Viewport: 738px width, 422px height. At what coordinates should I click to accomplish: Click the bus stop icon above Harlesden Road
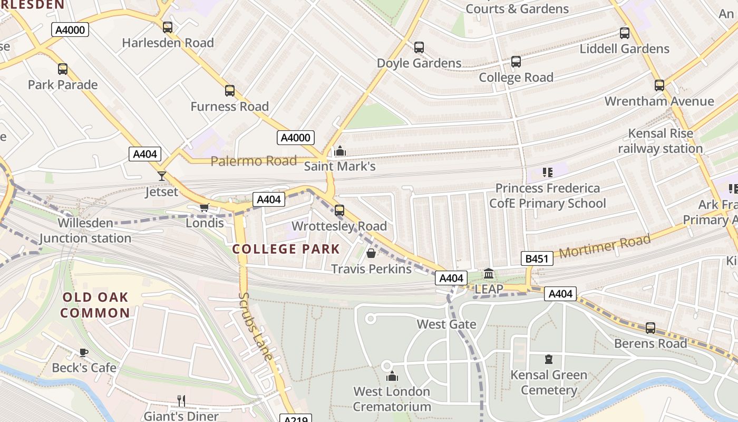coord(168,27)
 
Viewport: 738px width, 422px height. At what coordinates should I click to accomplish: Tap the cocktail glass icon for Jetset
coord(162,176)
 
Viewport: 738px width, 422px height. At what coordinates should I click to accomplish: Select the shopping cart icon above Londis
coord(205,207)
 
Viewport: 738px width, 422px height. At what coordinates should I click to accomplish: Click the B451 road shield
coord(537,258)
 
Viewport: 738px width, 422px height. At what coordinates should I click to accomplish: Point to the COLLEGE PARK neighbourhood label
coord(286,249)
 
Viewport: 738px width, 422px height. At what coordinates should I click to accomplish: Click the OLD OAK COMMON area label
coord(95,305)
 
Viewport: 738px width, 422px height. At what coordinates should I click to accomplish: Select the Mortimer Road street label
coord(605,246)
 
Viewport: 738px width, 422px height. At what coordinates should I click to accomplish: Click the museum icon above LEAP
coord(489,274)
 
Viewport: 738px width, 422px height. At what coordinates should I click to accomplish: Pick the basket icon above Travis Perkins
coord(371,253)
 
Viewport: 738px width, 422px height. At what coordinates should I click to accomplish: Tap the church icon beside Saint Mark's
coord(340,151)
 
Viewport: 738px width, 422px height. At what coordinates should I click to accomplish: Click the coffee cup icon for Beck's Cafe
coord(83,352)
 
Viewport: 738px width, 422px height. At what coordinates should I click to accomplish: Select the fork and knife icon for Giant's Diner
coord(181,401)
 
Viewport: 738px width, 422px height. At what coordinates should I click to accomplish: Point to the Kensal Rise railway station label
coord(660,141)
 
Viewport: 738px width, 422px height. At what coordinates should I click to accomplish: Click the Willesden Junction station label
coord(85,231)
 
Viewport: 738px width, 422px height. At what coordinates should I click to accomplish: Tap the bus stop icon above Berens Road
coord(650,328)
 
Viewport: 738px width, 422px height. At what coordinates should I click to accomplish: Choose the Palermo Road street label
coord(254,161)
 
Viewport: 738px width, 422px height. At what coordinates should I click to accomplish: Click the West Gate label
coord(446,324)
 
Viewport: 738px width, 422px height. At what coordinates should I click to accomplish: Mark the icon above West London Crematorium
coord(392,376)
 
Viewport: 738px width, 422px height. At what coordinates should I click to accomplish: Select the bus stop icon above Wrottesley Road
coord(339,210)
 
